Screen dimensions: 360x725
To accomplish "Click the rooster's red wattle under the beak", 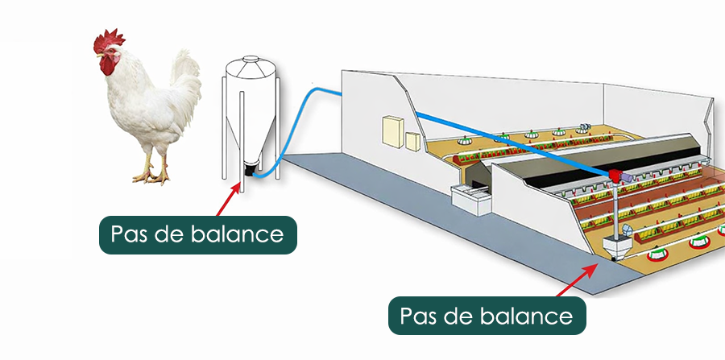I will tap(106, 68).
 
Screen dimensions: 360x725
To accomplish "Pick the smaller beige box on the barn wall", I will tap(412, 141).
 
